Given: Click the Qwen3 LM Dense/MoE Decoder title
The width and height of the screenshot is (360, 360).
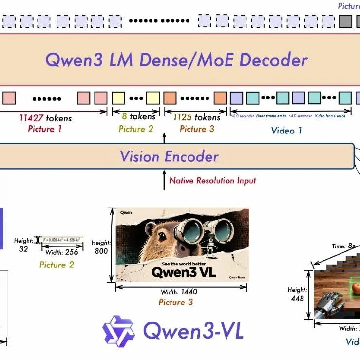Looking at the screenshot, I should coord(176,60).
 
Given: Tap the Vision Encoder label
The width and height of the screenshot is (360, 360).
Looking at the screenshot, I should coord(169,156).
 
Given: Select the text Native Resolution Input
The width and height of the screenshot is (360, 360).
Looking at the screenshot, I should coord(212,180).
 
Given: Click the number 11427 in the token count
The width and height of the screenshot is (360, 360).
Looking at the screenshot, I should coord(31,118).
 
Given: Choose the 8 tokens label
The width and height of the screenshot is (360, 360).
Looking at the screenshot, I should coord(136,117).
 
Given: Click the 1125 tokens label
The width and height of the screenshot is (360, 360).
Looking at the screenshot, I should coord(193,118).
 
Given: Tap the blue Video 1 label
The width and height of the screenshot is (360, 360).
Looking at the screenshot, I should coord(286,130).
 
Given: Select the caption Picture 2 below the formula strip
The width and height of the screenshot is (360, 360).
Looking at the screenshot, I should coord(57,265).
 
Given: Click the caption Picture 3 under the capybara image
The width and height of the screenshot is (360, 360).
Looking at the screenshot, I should coord(176,302).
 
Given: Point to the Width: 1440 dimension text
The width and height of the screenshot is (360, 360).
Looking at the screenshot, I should coord(179,292).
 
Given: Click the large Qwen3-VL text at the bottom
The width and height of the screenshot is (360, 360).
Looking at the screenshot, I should coord(193,331).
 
